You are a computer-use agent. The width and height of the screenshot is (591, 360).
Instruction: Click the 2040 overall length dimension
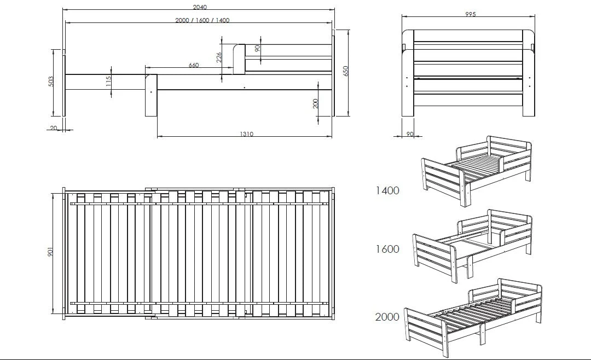pyautogui.click(x=200, y=7)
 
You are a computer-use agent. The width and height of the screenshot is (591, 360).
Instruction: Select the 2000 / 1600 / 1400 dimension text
pyautogui.click(x=202, y=20)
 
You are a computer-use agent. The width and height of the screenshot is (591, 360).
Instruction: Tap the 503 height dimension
pyautogui.click(x=51, y=82)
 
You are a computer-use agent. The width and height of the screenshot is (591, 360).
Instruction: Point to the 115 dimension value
pyautogui.click(x=108, y=82)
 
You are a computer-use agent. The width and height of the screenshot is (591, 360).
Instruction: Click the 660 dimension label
pyautogui.click(x=193, y=65)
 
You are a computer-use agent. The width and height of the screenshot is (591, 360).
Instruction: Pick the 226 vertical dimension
pyautogui.click(x=219, y=57)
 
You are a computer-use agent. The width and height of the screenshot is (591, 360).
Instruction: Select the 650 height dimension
pyautogui.click(x=346, y=71)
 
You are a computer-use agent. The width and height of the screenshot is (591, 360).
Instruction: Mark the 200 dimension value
pyautogui.click(x=316, y=103)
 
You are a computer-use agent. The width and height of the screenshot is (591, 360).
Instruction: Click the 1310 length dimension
pyautogui.click(x=246, y=134)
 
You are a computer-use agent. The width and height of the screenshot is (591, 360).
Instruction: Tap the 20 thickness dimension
pyautogui.click(x=54, y=128)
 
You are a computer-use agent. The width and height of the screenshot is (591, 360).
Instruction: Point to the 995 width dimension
pyautogui.click(x=471, y=14)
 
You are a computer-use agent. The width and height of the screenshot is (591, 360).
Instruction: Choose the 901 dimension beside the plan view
pyautogui.click(x=50, y=252)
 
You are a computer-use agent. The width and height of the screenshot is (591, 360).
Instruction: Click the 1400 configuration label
pyautogui.click(x=387, y=191)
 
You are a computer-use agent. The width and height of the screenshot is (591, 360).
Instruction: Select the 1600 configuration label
pyautogui.click(x=387, y=249)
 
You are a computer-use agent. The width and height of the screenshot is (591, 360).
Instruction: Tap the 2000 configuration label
pyautogui.click(x=387, y=317)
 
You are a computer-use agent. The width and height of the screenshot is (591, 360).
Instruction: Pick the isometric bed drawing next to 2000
pyautogui.click(x=473, y=317)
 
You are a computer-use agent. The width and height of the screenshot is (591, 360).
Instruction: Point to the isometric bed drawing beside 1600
pyautogui.click(x=472, y=246)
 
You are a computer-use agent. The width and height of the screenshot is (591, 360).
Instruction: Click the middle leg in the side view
pyautogui.click(x=151, y=95)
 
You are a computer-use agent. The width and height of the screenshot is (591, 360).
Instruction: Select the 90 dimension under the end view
pyautogui.click(x=410, y=134)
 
